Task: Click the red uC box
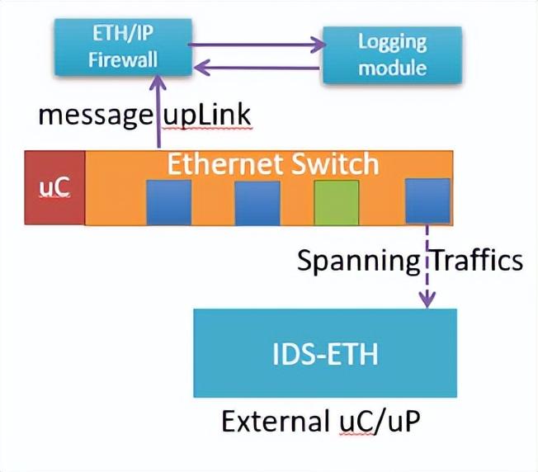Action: point(54,187)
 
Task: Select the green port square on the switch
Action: point(337,202)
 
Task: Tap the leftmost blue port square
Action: point(169,202)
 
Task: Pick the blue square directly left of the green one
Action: point(257,202)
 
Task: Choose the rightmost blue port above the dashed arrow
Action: point(427,201)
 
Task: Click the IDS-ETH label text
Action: point(324,356)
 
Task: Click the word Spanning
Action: point(358,261)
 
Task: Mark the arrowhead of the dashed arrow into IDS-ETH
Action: point(427,302)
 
